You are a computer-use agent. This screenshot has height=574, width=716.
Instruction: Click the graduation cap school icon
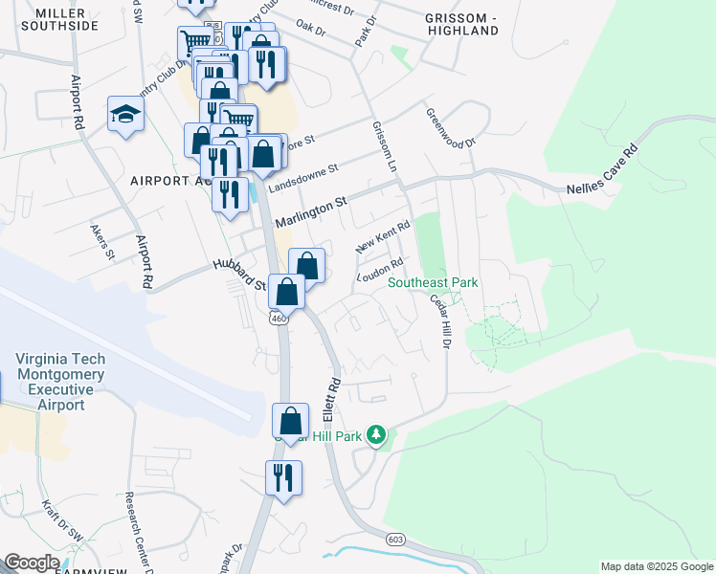[x=125, y=115]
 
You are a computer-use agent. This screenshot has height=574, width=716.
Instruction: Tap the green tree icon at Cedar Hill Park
[x=377, y=436]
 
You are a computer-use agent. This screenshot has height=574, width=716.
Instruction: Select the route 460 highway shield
[x=279, y=318]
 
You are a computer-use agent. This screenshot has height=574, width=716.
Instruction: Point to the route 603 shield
[x=395, y=540]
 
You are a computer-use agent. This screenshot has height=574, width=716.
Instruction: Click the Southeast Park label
[x=432, y=282]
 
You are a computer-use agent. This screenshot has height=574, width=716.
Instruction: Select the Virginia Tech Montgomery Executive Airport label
[x=60, y=382]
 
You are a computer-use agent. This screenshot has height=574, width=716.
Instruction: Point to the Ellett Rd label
[x=331, y=400]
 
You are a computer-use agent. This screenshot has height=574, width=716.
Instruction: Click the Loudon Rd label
[x=380, y=270]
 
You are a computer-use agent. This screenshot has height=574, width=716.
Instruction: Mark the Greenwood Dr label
[x=450, y=128]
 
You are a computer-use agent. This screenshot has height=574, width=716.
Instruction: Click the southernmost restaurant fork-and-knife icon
[x=284, y=476]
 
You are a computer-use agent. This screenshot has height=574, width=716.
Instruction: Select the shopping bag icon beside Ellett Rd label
[x=290, y=419]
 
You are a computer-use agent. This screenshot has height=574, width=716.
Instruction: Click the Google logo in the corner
[x=31, y=563]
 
